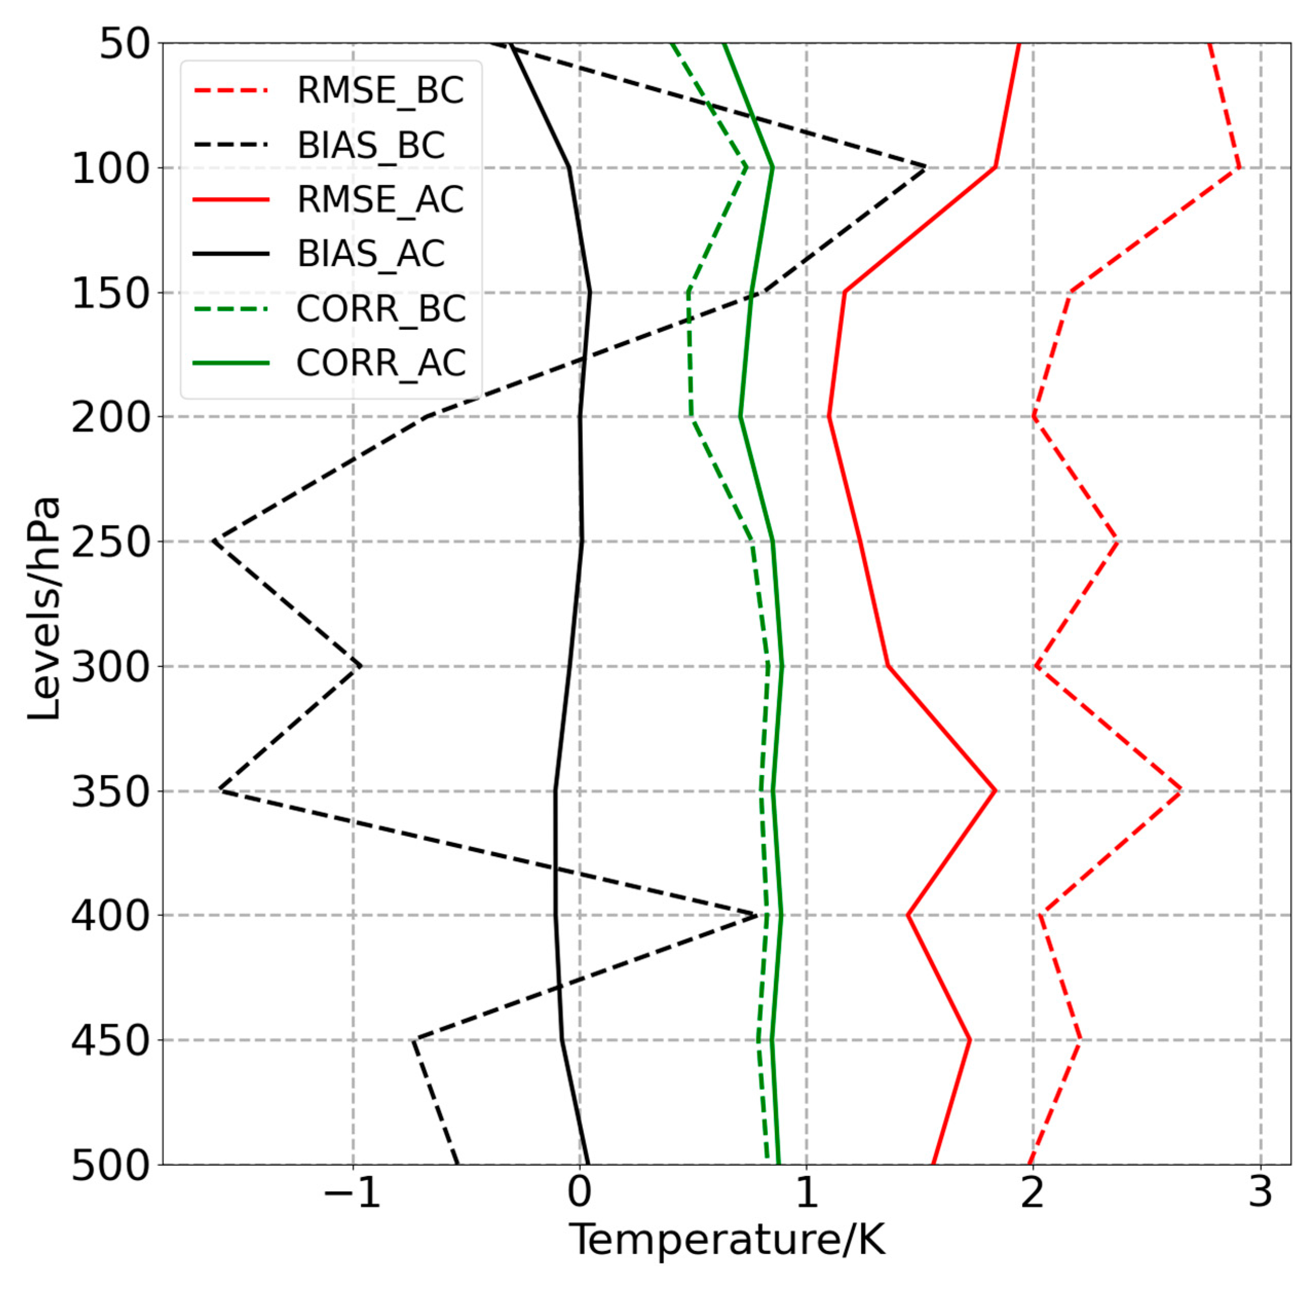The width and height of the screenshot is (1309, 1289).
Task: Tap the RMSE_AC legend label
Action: pos(380,200)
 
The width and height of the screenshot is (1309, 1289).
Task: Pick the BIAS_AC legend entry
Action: pos(370,254)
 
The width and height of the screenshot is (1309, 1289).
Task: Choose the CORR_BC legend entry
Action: pos(381,309)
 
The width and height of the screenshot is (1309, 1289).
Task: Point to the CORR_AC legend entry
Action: pos(381,363)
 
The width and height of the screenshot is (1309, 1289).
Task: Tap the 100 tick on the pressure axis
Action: pos(110,169)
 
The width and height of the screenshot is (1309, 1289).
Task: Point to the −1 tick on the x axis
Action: pos(352,1193)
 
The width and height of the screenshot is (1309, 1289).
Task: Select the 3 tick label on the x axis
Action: pos(1260,1193)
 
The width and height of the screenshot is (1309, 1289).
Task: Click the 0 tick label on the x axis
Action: pos(579,1193)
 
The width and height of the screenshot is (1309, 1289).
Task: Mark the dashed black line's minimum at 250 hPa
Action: pos(214,541)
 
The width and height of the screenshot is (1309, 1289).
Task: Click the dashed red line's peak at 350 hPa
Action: pos(1181,790)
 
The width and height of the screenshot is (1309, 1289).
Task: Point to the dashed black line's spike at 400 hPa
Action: pos(757,915)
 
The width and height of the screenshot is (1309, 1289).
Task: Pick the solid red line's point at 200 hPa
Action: pos(829,416)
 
